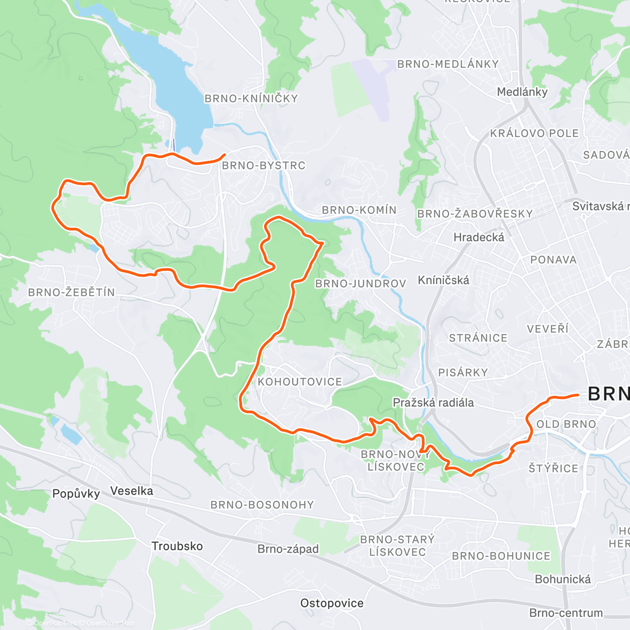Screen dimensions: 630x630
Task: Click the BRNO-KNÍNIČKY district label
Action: (251, 99)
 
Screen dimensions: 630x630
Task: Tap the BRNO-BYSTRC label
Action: (264, 165)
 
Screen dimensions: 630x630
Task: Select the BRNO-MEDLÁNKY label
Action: (448, 64)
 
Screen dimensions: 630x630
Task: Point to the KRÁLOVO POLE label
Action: (534, 133)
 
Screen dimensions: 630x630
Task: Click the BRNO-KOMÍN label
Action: (359, 210)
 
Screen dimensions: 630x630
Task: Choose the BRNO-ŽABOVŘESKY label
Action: (475, 214)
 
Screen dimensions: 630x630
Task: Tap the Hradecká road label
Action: (479, 237)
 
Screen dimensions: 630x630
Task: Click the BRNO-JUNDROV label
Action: (360, 284)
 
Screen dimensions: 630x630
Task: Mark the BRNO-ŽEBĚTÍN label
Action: (71, 292)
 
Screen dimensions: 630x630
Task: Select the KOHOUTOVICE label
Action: (300, 382)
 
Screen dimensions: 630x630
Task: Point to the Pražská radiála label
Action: (433, 403)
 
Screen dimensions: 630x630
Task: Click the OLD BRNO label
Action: (566, 424)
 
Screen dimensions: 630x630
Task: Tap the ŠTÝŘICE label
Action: (553, 468)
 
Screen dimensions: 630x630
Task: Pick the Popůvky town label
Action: (76, 493)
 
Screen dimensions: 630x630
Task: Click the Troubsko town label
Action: (177, 546)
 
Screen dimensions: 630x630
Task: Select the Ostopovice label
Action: (332, 603)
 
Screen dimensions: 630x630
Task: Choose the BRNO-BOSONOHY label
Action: (262, 505)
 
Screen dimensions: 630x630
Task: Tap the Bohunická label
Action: (563, 579)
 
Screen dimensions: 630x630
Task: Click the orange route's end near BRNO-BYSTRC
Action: (225, 154)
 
